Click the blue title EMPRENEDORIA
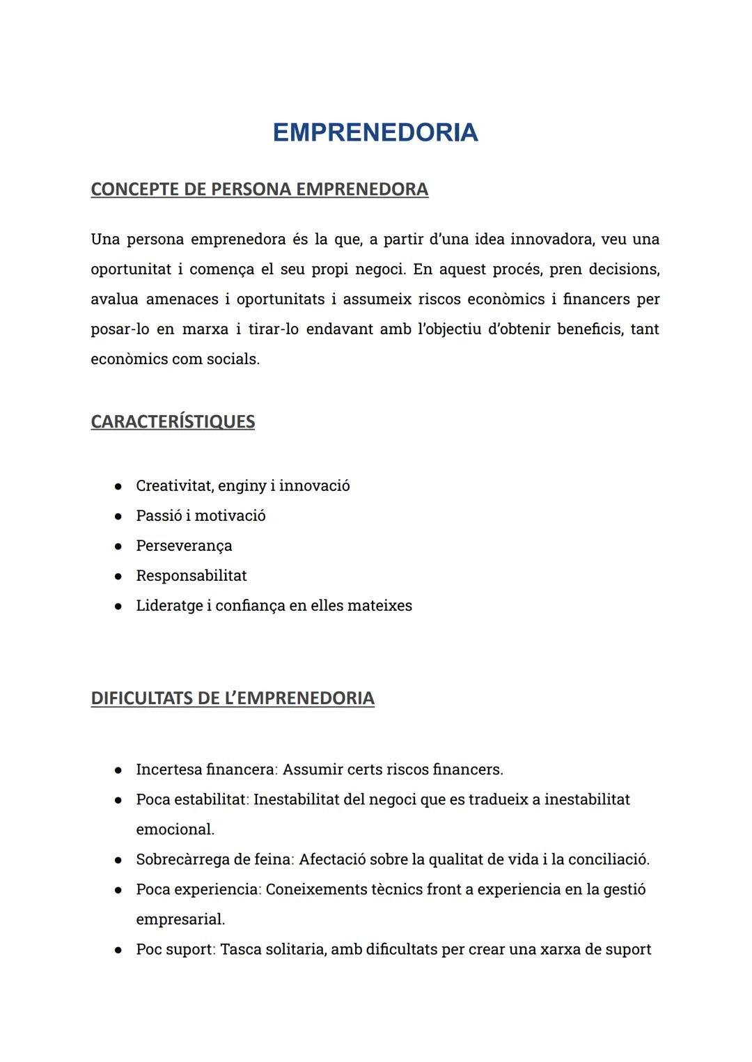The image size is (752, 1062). pyautogui.click(x=375, y=132)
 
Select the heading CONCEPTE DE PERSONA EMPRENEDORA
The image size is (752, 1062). pyautogui.click(x=259, y=189)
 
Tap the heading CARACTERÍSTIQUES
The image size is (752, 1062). pyautogui.click(x=173, y=422)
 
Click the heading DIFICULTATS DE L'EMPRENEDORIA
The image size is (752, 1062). pyautogui.click(x=233, y=698)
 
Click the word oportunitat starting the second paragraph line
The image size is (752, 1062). pyautogui.click(x=130, y=270)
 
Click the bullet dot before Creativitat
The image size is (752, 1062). pyautogui.click(x=119, y=486)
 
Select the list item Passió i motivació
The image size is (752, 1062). pyautogui.click(x=201, y=516)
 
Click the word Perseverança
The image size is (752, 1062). pyautogui.click(x=184, y=546)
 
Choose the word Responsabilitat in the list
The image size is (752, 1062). pyautogui.click(x=191, y=576)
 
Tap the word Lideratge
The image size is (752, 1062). pyautogui.click(x=169, y=606)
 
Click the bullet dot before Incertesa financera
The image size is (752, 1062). pyautogui.click(x=119, y=770)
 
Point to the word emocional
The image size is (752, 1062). pyautogui.click(x=175, y=830)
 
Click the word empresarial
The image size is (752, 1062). pyautogui.click(x=180, y=920)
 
